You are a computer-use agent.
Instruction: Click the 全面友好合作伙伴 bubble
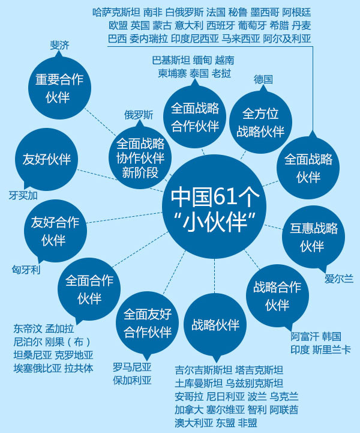click(148, 324)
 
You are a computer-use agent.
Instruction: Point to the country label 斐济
click(60, 44)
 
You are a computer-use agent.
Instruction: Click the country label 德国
click(263, 79)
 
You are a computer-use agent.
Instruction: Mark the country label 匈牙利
click(26, 270)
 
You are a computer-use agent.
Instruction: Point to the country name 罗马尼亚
click(132, 366)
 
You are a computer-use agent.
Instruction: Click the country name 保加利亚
click(132, 380)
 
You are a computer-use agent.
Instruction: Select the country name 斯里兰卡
click(331, 350)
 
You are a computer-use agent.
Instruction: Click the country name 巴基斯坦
click(171, 60)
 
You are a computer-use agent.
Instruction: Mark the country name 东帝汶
click(28, 329)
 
